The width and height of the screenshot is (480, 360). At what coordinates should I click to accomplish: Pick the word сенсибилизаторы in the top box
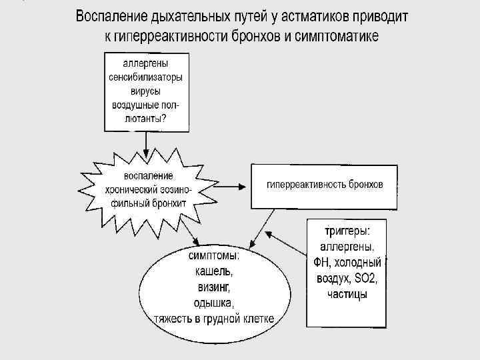point(146,78)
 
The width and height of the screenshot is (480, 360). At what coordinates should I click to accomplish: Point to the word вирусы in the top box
point(146,91)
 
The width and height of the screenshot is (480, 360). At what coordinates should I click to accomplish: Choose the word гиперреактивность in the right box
point(305,185)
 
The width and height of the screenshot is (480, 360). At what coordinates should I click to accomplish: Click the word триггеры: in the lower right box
point(347,231)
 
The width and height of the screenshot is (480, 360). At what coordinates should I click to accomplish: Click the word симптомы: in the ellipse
point(213,257)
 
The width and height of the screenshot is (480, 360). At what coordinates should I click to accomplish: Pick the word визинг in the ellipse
point(213,287)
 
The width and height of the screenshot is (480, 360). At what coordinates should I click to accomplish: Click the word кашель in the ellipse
point(213,272)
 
